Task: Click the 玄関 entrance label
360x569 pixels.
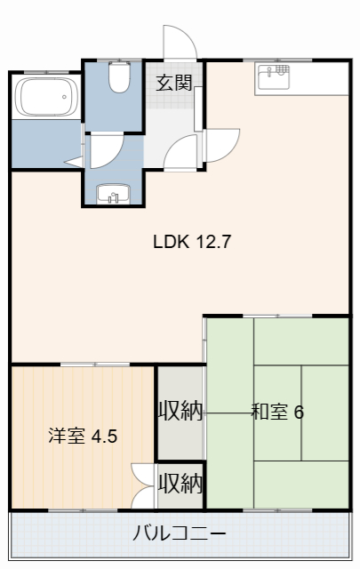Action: pos(174,84)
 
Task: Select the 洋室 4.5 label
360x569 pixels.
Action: pos(82,437)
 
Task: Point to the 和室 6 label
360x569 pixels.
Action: pos(277,412)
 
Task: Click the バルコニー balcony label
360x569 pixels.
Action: pos(180,534)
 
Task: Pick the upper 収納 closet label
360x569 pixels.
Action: pos(180,411)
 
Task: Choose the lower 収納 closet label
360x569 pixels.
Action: pos(180,484)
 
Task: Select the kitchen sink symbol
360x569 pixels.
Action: pos(273,78)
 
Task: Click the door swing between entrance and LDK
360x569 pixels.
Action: pos(223,144)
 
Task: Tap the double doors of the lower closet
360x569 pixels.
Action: pos(143,485)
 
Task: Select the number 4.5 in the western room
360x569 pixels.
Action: pos(103,437)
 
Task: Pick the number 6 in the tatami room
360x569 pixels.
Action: pos(299,412)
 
